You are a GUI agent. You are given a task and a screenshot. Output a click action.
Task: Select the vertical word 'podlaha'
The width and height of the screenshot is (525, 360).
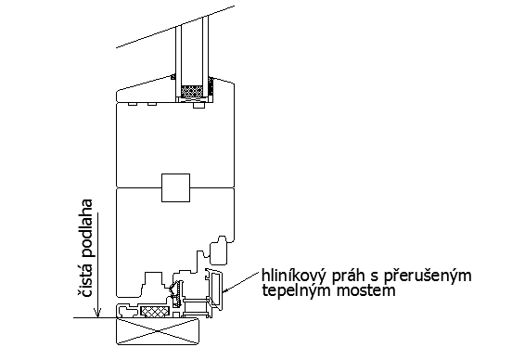[86, 233]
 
